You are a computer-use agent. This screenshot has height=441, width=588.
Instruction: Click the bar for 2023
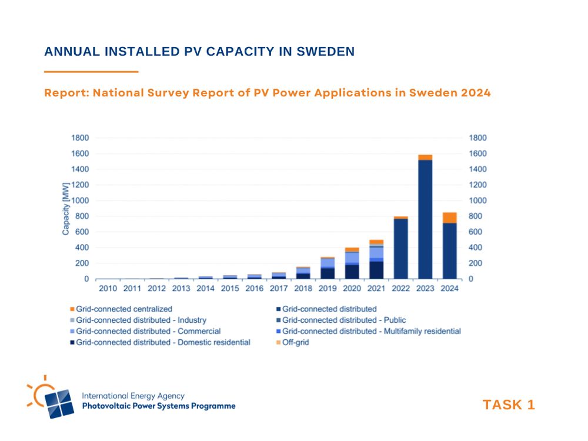point(425,218)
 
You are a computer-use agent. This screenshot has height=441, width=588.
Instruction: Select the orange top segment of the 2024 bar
point(449,218)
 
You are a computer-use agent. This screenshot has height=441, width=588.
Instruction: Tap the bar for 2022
point(401,247)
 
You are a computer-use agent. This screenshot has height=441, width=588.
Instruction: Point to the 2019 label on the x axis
point(328,289)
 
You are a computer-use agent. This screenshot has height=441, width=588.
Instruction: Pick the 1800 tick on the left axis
point(80,138)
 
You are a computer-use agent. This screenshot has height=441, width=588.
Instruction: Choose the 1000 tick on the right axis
point(477,201)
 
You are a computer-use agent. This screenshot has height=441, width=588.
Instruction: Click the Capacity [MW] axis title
point(66,209)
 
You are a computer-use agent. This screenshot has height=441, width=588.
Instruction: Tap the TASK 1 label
point(509,405)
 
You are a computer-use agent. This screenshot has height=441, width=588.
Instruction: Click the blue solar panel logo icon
point(59,404)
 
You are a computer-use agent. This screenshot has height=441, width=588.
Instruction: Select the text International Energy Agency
point(133,396)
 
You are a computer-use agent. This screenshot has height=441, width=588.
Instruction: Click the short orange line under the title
point(91,72)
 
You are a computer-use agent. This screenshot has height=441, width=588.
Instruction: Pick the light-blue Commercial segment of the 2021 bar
point(377,252)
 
